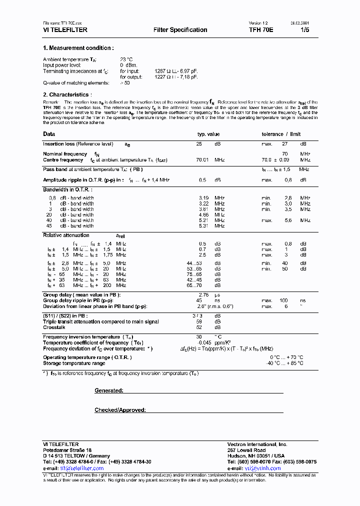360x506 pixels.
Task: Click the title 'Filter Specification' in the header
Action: coord(180,30)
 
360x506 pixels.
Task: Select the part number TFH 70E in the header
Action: coord(260,30)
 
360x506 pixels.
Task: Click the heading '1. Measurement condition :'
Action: coord(78,48)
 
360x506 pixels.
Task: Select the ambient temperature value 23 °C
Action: coord(127,59)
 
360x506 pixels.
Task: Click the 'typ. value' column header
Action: coord(208,134)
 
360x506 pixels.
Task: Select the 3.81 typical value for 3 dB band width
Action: coord(204,209)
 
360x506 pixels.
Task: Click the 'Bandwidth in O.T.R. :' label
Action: coord(67,189)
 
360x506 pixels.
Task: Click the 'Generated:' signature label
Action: coord(108,390)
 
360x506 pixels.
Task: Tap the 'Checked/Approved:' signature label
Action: coord(120,410)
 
